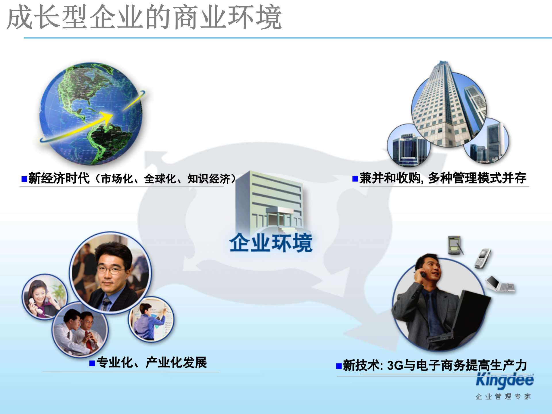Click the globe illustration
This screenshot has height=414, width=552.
click(91, 114)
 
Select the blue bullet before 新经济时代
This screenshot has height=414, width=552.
click(24, 179)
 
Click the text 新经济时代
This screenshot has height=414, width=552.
click(59, 179)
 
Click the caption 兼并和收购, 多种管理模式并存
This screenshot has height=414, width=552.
click(443, 178)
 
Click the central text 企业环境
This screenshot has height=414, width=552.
click(271, 243)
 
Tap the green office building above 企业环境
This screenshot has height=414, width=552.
click(270, 201)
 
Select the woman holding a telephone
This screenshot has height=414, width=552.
click(43, 296)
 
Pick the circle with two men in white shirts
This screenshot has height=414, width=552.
click(80, 330)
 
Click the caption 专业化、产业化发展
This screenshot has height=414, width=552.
click(152, 363)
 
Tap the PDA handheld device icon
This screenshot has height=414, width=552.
click(455, 245)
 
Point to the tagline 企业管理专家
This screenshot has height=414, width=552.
click(503, 397)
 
